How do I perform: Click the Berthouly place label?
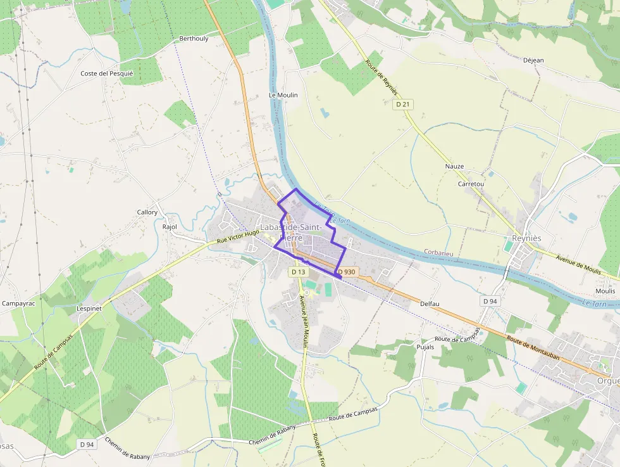pyautogui.click(x=194, y=39)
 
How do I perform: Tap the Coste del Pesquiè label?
pyautogui.click(x=107, y=74)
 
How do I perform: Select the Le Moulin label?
pyautogui.click(x=283, y=95)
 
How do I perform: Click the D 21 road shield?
pyautogui.click(x=402, y=104)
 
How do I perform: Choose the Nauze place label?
pyautogui.click(x=454, y=167)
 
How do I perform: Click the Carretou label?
pyautogui.click(x=471, y=184)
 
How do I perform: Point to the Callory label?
pyautogui.click(x=147, y=212)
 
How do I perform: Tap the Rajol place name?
pyautogui.click(x=170, y=226)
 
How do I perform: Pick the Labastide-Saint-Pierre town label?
pyautogui.click(x=292, y=232)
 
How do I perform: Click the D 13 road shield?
pyautogui.click(x=298, y=272)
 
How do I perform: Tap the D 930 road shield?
pyautogui.click(x=347, y=272)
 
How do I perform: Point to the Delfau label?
pyautogui.click(x=430, y=304)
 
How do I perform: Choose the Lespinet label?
pyautogui.click(x=89, y=308)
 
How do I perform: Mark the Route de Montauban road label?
pyautogui.click(x=533, y=347)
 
